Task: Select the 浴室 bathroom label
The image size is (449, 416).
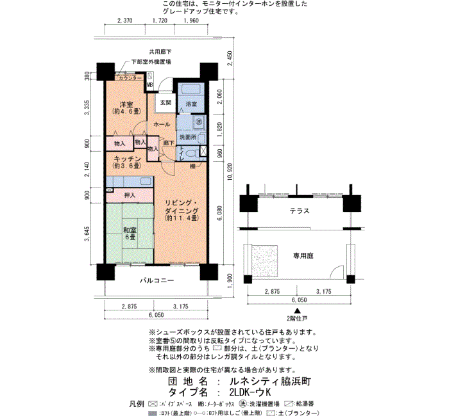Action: point(191,103)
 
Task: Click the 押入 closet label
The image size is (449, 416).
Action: point(130,195)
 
